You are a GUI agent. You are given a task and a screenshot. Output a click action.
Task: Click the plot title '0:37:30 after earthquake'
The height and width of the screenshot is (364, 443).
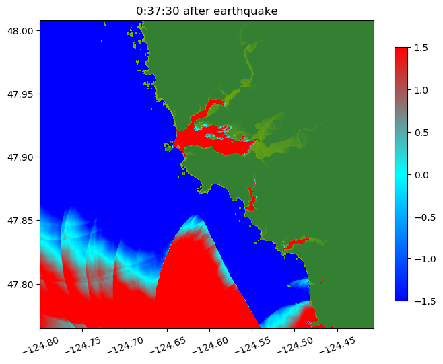tap(207, 11)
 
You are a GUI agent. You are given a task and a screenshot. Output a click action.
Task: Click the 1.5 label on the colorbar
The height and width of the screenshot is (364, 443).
tap(421, 47)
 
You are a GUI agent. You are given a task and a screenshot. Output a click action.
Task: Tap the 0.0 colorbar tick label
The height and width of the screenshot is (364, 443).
tap(421, 174)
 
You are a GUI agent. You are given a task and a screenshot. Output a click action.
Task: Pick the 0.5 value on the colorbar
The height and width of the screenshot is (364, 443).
tap(421, 132)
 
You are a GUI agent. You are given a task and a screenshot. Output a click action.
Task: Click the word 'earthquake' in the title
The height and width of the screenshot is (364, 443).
tap(248, 11)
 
